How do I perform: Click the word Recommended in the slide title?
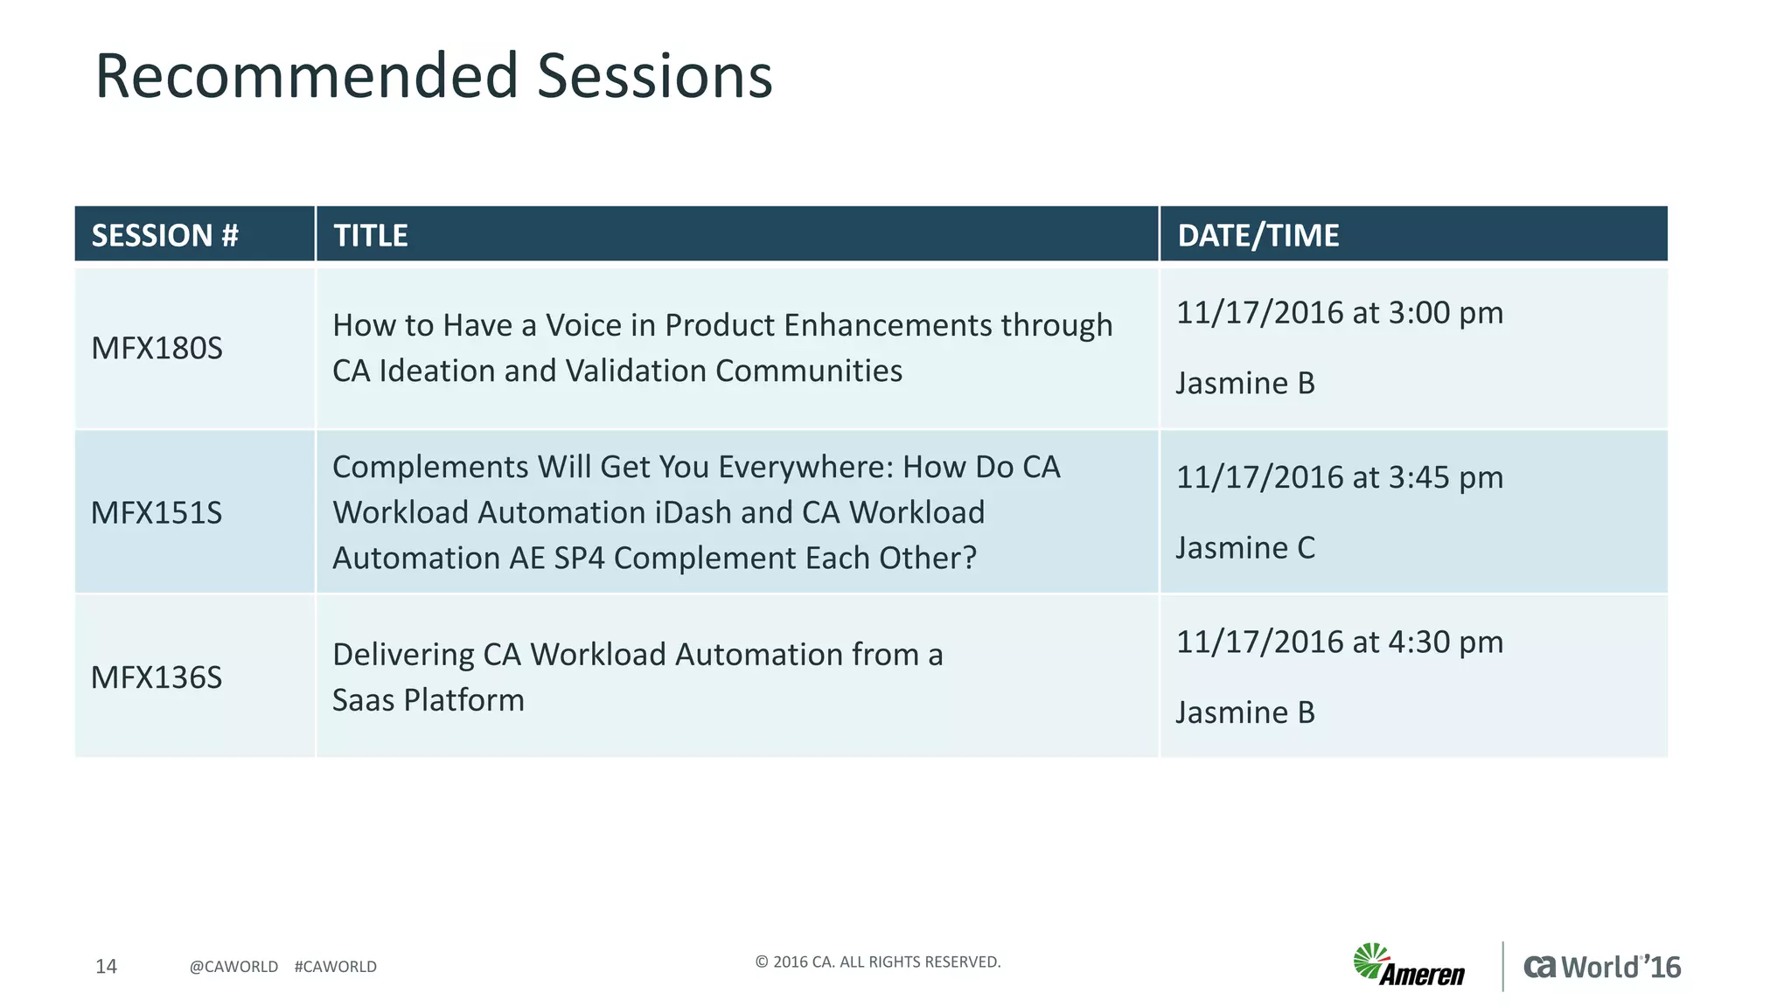[306, 76]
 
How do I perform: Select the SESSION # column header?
[164, 235]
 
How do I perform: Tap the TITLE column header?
[371, 235]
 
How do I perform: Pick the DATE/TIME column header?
[1258, 235]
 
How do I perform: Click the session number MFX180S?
[157, 348]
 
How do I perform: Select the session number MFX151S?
[157, 512]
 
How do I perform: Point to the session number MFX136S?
[157, 677]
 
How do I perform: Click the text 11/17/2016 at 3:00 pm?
[1339, 312]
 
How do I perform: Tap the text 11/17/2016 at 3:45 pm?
[1339, 477]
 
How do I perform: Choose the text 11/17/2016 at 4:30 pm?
[1339, 642]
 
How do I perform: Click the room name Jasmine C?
[1244, 548]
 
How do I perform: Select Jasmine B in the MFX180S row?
[1244, 383]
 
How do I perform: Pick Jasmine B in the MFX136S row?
[1244, 712]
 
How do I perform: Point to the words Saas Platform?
[428, 700]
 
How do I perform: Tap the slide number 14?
[106, 966]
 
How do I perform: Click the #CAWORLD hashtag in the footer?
[335, 967]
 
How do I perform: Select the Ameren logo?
[1408, 966]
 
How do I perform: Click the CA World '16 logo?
[1601, 967]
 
